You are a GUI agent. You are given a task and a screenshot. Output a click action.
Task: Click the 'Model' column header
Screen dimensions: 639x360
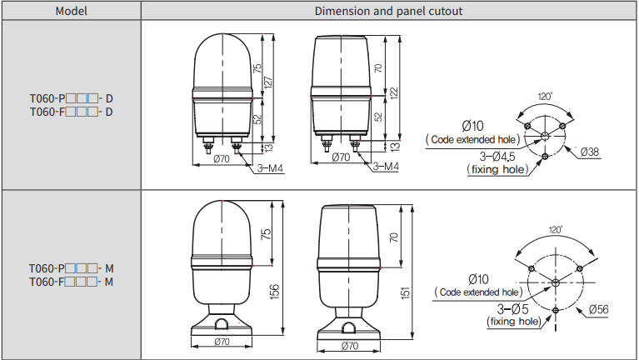tap(72, 11)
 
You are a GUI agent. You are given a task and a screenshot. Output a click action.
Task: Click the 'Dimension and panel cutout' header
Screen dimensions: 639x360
tap(388, 11)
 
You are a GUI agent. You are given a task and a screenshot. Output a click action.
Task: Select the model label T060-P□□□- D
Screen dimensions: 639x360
tap(71, 98)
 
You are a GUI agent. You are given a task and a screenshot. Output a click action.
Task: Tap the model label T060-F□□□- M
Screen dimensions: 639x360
tap(71, 282)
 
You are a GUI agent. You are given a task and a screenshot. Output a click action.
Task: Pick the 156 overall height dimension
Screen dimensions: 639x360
tap(275, 292)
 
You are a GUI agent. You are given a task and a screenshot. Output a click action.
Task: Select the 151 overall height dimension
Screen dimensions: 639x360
tap(406, 292)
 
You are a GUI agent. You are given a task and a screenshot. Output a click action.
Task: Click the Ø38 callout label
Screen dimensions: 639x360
tap(590, 152)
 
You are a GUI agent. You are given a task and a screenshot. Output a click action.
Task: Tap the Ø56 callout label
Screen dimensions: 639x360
tap(599, 309)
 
